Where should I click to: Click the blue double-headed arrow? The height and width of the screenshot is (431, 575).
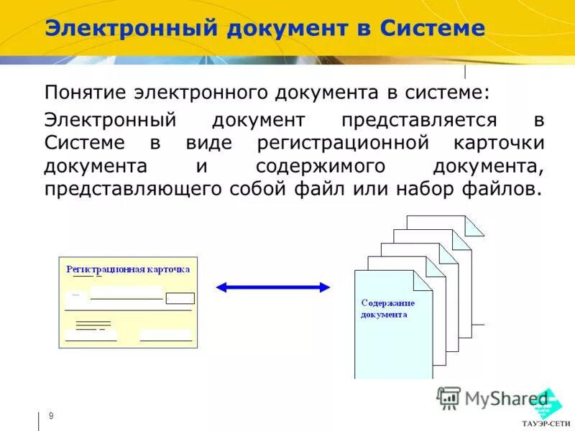pyautogui.click(x=272, y=287)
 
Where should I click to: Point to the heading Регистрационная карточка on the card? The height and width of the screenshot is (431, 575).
pyautogui.click(x=128, y=269)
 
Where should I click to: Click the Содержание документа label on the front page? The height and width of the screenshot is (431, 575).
pyautogui.click(x=387, y=308)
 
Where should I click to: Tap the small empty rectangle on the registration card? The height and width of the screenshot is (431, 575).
pyautogui.click(x=180, y=298)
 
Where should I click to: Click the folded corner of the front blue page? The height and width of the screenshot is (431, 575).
pyautogui.click(x=423, y=279)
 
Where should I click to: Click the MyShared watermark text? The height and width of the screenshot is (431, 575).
pyautogui.click(x=506, y=397)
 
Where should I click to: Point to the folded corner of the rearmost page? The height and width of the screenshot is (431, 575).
pyautogui.click(x=474, y=225)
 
